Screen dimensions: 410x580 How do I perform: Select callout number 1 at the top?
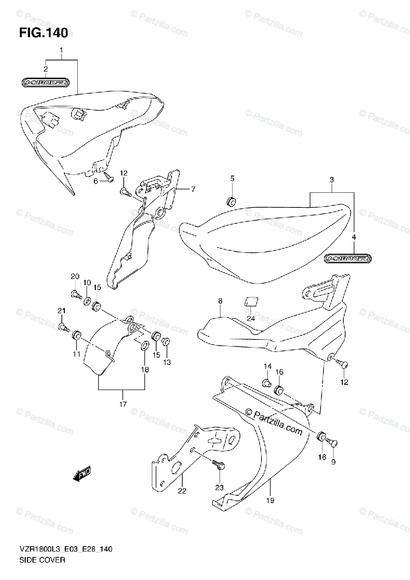point(61,50)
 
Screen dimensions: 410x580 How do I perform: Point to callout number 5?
point(232,179)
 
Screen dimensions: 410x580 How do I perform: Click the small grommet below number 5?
point(231,200)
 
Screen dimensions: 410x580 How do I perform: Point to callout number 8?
point(220,301)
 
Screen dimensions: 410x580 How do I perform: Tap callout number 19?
point(270,500)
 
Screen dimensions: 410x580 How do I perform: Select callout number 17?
point(123,404)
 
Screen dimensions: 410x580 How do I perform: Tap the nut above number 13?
point(165,341)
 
